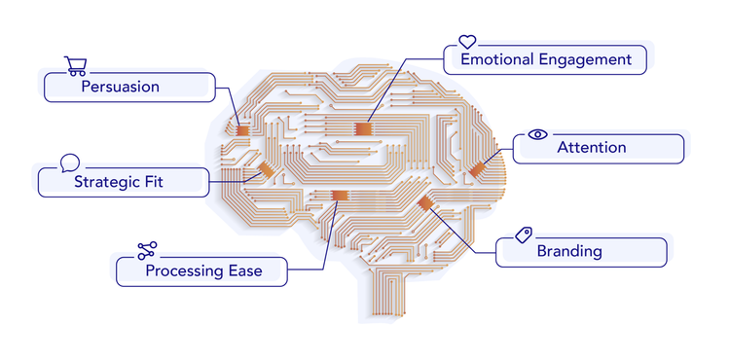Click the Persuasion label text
coord(120,87)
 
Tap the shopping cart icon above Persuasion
coord(75,65)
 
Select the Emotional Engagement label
coord(546,59)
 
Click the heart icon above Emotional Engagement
coord(467,42)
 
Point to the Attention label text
coord(591,148)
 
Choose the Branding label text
coord(569,251)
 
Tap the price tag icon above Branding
coord(524,234)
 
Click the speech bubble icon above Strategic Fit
coord(69,162)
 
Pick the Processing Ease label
coord(203,270)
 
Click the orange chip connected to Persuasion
coord(242,129)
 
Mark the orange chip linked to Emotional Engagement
coord(363,128)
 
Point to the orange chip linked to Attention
coord(477,170)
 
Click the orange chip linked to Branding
coord(424,202)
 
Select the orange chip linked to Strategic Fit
coord(265,171)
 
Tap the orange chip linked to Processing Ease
coord(338,196)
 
